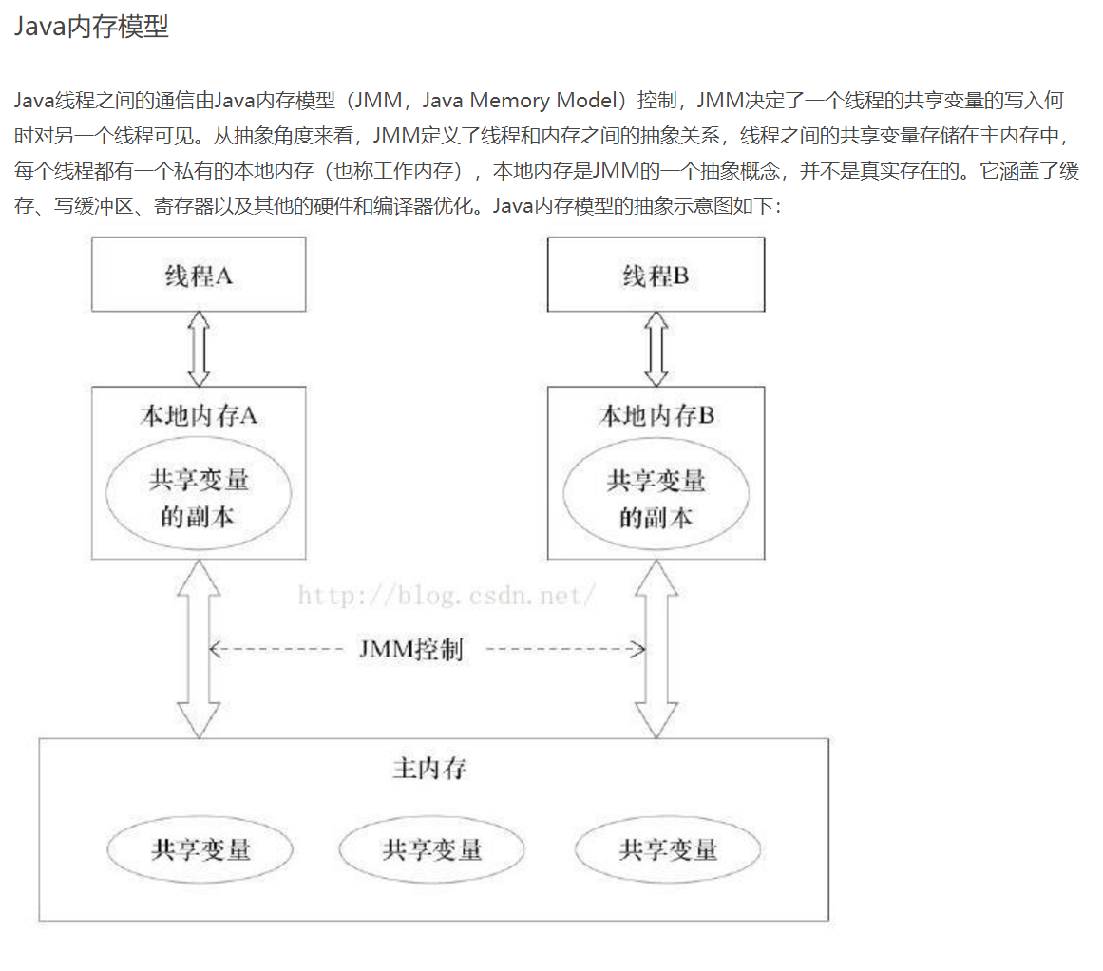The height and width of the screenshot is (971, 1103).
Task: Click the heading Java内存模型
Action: click(91, 27)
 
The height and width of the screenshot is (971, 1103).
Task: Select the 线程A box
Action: click(199, 275)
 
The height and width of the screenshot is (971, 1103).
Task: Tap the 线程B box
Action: click(656, 275)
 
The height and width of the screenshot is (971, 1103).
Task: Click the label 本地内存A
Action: click(199, 415)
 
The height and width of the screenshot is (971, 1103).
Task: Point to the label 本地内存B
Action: click(656, 415)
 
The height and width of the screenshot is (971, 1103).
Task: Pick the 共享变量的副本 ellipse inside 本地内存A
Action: click(199, 498)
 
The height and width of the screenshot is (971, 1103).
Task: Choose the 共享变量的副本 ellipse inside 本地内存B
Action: click(656, 498)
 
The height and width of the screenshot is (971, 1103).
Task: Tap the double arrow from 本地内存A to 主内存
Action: click(199, 648)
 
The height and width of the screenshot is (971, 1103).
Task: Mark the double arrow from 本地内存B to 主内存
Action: click(656, 648)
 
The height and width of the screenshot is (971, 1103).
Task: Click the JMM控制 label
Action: click(411, 650)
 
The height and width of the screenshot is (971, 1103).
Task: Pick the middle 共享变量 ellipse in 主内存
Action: click(432, 848)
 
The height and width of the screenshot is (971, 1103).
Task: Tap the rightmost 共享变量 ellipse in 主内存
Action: click(668, 848)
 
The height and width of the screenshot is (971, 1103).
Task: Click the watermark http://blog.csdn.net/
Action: click(447, 596)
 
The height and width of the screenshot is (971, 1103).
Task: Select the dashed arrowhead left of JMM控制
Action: click(215, 650)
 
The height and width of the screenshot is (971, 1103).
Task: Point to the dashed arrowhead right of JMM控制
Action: click(639, 650)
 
